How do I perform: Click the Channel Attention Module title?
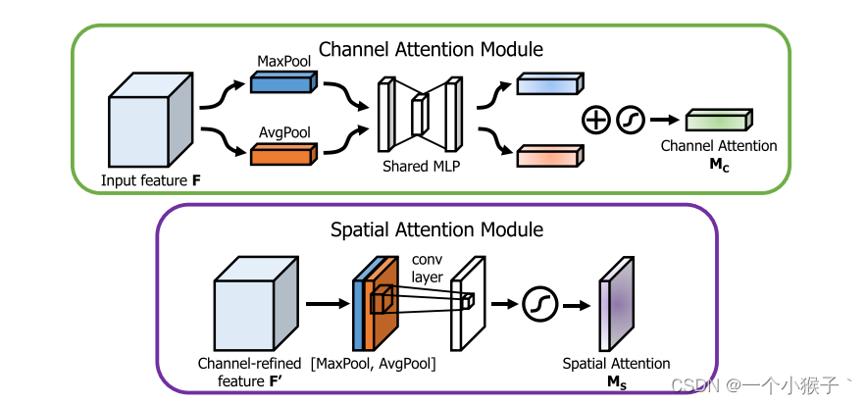(432, 48)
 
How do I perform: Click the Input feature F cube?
(149, 124)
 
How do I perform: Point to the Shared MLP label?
(421, 168)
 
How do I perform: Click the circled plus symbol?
(595, 121)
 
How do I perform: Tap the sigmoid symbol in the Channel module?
(630, 121)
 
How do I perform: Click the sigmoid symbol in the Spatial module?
(540, 304)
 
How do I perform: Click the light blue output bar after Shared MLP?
(549, 85)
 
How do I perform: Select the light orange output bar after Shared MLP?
(549, 155)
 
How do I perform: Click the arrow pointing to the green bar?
(664, 121)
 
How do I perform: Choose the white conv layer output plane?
(467, 302)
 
